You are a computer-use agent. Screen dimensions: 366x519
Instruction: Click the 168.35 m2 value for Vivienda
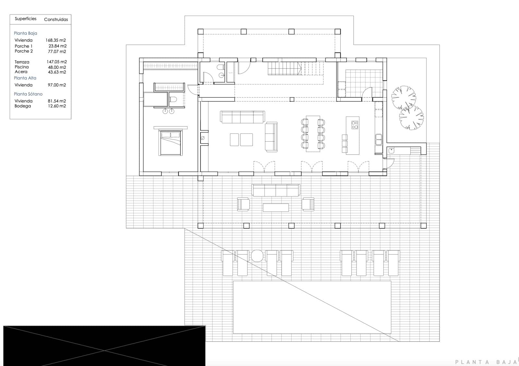55,40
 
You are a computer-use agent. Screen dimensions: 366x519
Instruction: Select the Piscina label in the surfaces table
21,67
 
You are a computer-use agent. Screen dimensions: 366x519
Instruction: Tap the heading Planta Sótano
28,94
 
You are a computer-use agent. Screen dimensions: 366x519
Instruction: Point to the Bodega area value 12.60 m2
57,106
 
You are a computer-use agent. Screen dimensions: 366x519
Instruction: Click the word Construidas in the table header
56,19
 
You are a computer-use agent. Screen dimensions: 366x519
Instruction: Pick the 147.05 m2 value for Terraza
56,62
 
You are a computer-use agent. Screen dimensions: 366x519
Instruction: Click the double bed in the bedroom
170,143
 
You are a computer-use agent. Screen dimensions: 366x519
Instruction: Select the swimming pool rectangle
312,307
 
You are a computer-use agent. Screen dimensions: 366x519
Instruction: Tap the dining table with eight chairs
313,133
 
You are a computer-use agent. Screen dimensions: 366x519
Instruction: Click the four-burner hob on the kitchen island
355,125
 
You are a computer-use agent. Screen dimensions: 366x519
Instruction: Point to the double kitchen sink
379,140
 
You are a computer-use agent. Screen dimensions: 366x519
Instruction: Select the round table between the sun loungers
257,256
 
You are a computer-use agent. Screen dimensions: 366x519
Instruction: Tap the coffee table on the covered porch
276,207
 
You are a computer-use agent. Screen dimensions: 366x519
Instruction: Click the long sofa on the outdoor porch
276,190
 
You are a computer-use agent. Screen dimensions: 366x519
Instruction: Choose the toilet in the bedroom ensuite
173,99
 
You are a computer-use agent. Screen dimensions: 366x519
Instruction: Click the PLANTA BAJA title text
485,362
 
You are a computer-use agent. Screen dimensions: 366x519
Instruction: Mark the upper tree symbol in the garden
403,97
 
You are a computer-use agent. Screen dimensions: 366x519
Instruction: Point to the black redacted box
104,346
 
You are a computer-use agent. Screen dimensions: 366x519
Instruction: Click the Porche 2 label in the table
24,51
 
